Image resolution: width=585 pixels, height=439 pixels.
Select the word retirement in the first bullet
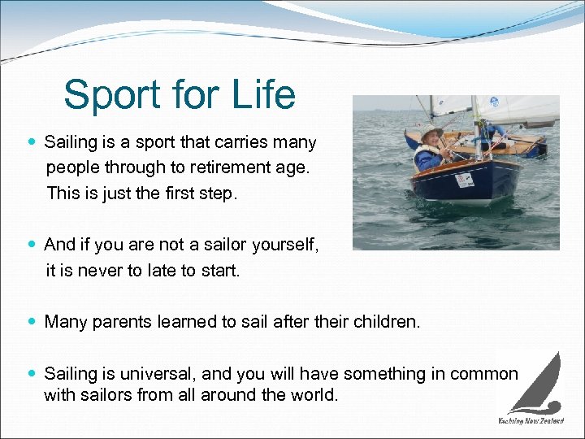[x=206, y=168]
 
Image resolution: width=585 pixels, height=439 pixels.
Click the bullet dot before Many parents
[x=32, y=322]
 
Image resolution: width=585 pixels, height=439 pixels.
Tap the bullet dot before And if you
[x=32, y=245]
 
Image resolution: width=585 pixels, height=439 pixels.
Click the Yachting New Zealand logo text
[x=531, y=421]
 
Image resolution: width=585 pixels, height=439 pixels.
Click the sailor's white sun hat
[x=431, y=132]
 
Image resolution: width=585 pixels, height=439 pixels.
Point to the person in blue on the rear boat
[x=492, y=133]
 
